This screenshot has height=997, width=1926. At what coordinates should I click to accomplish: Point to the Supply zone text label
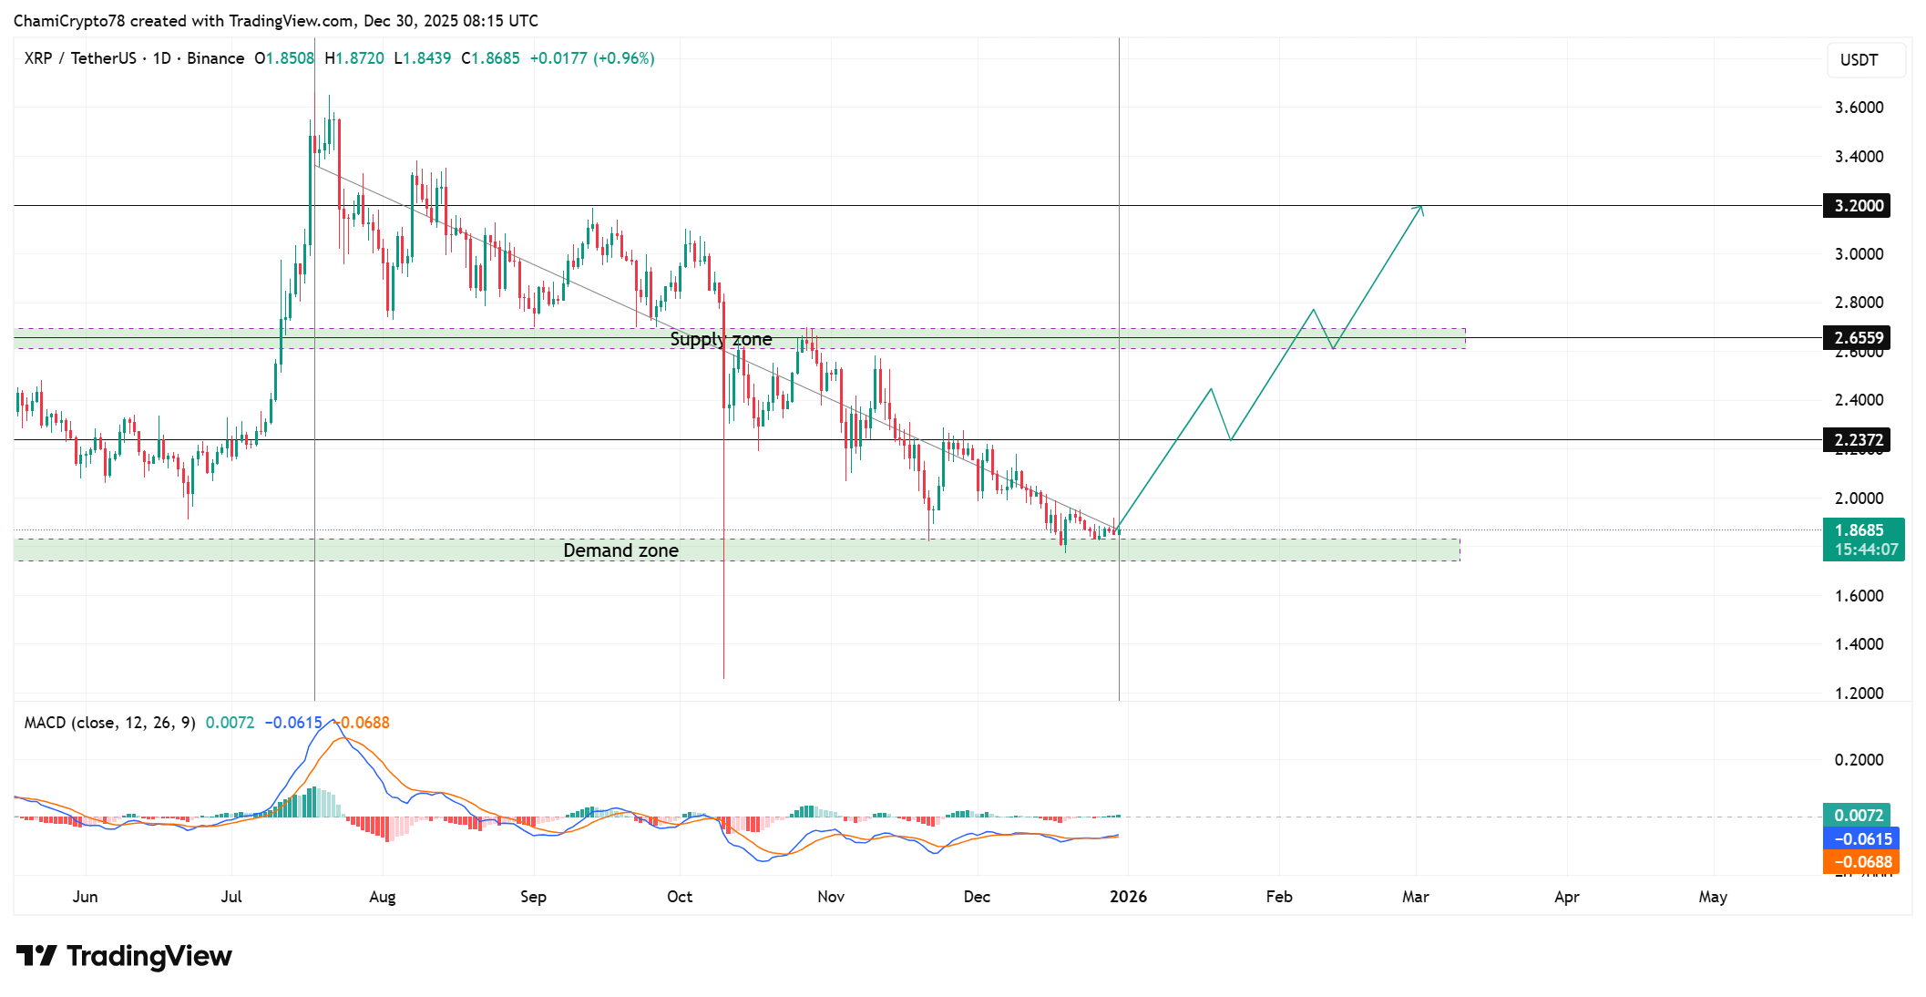(721, 339)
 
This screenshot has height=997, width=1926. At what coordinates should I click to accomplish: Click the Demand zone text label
(620, 550)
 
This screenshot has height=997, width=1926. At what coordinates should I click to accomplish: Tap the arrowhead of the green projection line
(1420, 208)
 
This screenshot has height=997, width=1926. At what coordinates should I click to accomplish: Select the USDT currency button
(1859, 60)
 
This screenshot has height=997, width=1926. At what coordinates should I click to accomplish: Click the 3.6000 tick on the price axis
(1859, 108)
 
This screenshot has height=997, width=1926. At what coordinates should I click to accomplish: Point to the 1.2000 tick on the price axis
(1859, 694)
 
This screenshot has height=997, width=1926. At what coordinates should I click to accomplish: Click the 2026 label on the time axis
(1128, 897)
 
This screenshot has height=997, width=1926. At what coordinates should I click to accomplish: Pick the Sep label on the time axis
(533, 897)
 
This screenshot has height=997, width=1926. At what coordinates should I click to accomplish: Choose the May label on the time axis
(1713, 897)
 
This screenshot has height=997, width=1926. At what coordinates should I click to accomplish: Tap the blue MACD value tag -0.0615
(1860, 839)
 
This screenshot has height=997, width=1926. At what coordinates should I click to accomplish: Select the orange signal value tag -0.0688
(1860, 862)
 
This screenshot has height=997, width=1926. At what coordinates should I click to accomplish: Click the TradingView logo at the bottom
(125, 956)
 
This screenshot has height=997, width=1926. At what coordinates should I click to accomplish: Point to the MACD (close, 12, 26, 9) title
(109, 723)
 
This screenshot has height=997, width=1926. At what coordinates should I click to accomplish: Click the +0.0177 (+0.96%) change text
(592, 58)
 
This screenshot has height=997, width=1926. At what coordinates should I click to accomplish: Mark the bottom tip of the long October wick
(723, 678)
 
